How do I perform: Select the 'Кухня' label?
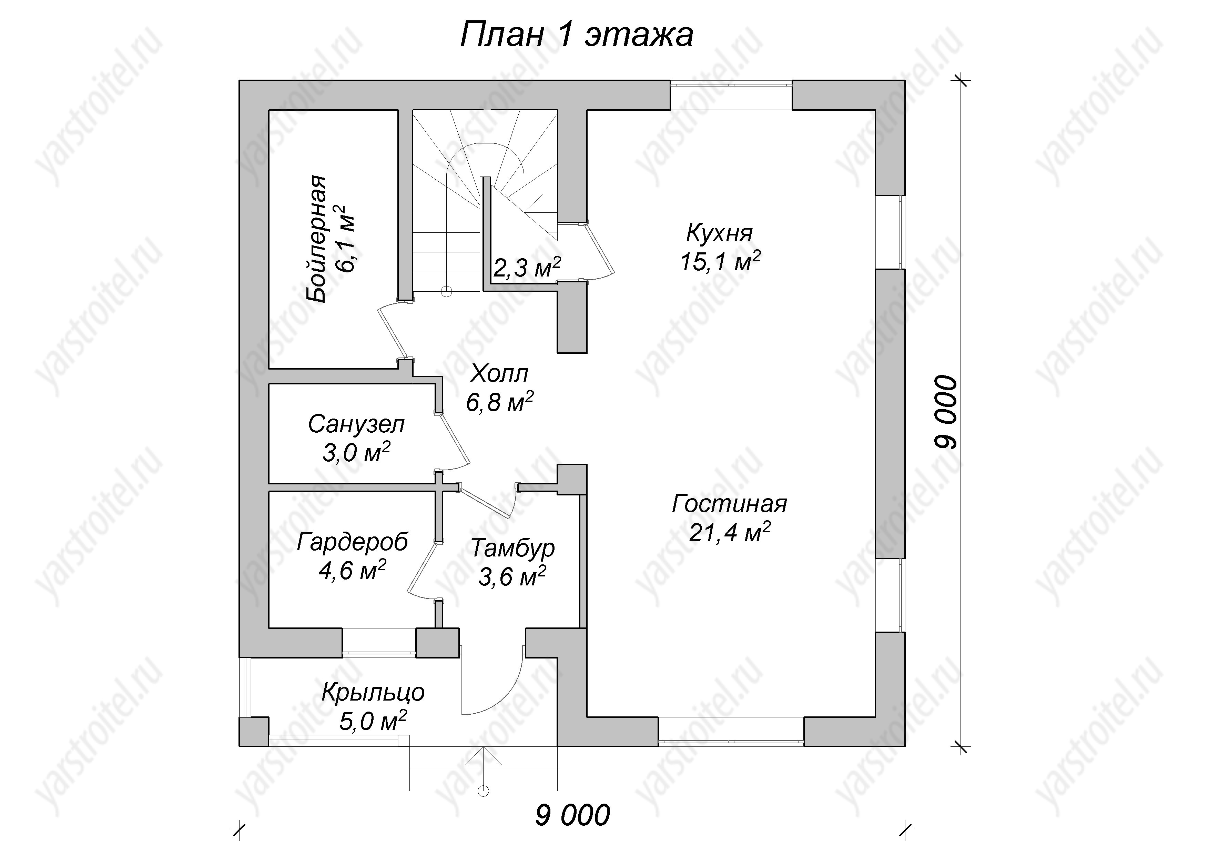point(720,233)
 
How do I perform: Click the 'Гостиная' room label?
point(729,504)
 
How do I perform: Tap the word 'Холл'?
point(499,374)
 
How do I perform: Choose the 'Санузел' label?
point(356,425)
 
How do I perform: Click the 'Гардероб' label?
point(352,542)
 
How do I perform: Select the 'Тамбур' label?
point(512,549)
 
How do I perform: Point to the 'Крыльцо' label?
point(373,693)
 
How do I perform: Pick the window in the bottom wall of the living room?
point(731,731)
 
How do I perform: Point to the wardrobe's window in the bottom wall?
point(379,642)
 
